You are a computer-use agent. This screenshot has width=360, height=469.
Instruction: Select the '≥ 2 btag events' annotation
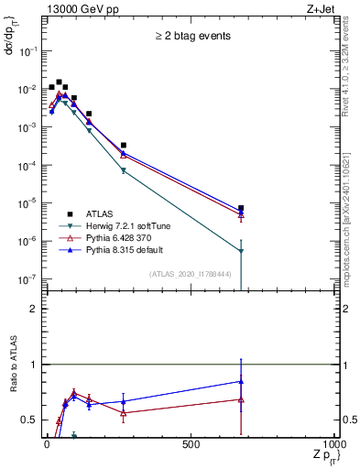coord(191,37)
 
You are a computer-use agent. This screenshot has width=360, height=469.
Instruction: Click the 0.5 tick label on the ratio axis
coord(32,420)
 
